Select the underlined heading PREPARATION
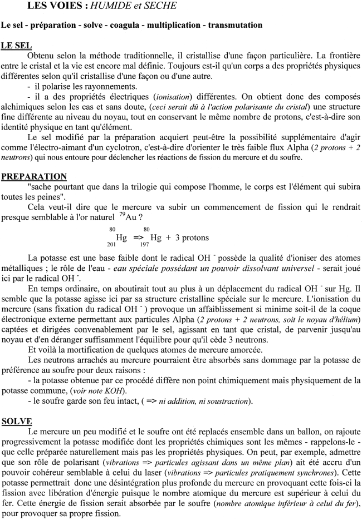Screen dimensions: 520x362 (x=34, y=177)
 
